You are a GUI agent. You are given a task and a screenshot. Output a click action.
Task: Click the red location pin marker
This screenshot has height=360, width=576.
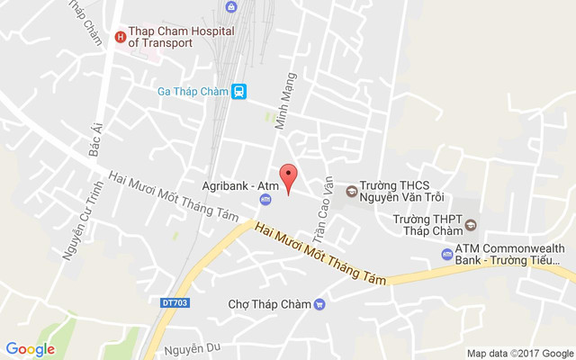[x=288, y=177]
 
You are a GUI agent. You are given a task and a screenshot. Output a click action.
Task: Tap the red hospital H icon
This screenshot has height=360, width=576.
[x=119, y=37]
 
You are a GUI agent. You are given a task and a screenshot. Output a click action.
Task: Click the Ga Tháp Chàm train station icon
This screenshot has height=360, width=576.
[x=238, y=92]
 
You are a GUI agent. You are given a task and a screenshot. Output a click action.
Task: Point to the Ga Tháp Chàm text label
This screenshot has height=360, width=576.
[x=192, y=92]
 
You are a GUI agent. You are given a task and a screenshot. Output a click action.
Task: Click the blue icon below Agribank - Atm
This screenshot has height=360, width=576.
[x=265, y=198]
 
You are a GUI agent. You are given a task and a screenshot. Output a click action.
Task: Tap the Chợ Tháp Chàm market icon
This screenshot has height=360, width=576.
[x=319, y=304]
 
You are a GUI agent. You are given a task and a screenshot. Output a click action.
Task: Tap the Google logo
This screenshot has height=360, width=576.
[x=31, y=349]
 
